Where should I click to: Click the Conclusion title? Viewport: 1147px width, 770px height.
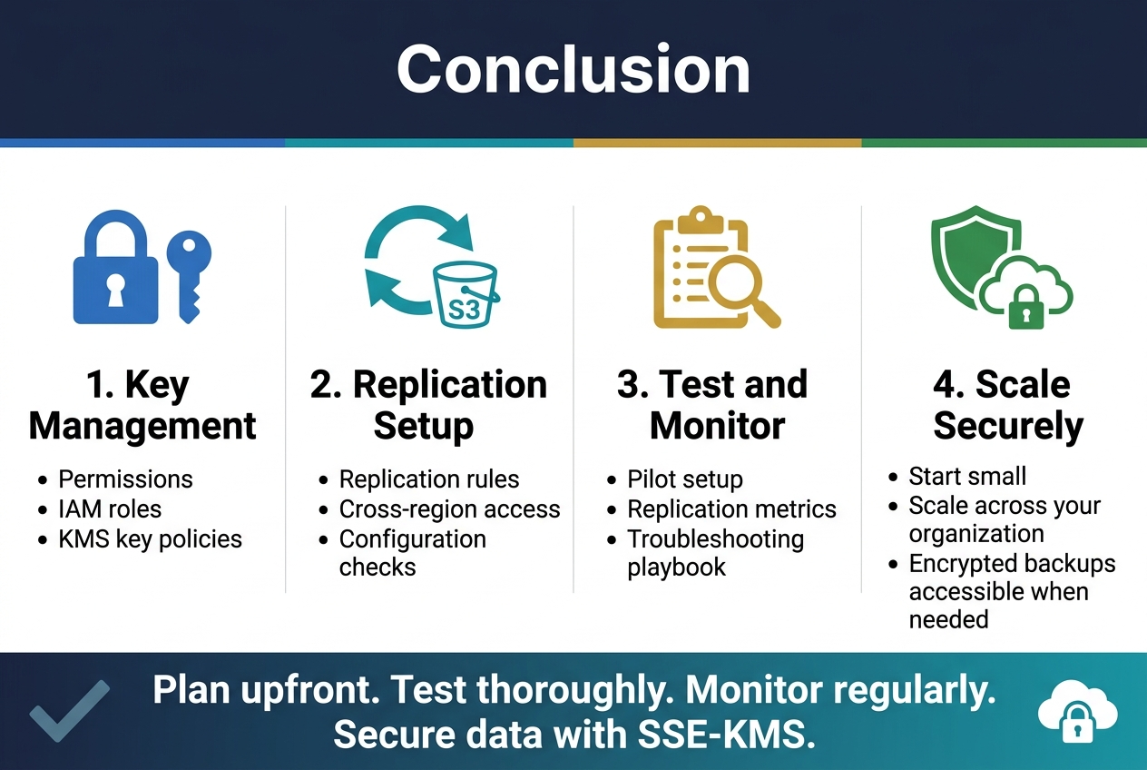point(573,69)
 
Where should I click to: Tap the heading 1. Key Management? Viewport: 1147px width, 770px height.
point(142,405)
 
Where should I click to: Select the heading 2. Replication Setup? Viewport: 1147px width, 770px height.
point(428,405)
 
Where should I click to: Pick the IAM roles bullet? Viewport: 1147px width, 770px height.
point(110,508)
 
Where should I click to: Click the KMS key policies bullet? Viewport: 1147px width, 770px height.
point(150,538)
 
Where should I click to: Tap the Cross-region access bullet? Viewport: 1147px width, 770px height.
point(449,509)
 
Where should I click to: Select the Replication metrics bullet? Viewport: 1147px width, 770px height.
point(731,509)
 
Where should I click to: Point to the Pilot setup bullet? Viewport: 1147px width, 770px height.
point(684,479)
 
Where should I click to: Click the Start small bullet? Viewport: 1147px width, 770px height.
point(967,477)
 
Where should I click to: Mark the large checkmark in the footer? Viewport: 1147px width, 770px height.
point(69,710)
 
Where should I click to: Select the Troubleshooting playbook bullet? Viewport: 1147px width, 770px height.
point(715,553)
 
